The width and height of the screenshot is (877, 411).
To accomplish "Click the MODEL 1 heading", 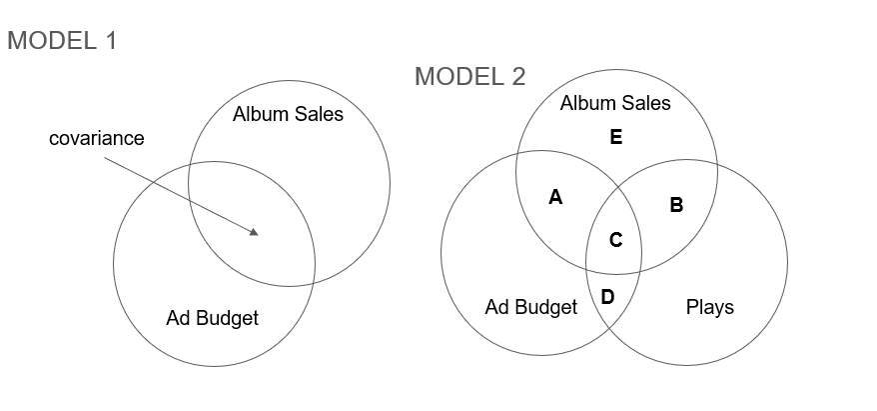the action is click(x=62, y=41).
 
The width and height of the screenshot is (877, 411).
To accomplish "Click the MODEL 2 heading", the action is click(x=469, y=76).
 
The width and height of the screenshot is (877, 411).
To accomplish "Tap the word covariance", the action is click(x=96, y=139).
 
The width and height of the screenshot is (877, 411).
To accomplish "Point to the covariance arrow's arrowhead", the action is click(x=255, y=233).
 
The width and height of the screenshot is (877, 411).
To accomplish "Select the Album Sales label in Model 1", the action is click(x=288, y=114).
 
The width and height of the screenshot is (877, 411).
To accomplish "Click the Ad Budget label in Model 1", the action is click(x=212, y=318).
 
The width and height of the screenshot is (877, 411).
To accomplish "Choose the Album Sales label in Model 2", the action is click(x=615, y=102).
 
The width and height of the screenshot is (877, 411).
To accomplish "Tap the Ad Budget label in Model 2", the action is click(x=530, y=307).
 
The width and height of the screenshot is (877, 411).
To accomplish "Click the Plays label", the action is click(x=709, y=307).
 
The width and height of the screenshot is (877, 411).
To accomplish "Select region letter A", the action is click(x=556, y=198).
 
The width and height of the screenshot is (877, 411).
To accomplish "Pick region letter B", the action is click(x=676, y=205).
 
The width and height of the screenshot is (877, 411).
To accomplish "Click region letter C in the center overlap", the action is click(x=615, y=240).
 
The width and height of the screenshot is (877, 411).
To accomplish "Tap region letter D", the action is click(x=608, y=296).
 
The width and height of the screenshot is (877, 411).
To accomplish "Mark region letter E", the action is click(x=615, y=137).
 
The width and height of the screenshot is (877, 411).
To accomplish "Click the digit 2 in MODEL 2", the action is click(x=517, y=76).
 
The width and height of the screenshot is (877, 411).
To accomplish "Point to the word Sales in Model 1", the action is click(x=318, y=114).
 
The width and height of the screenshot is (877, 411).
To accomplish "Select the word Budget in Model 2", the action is click(x=547, y=307).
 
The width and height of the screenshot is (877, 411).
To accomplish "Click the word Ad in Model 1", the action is click(x=177, y=318).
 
